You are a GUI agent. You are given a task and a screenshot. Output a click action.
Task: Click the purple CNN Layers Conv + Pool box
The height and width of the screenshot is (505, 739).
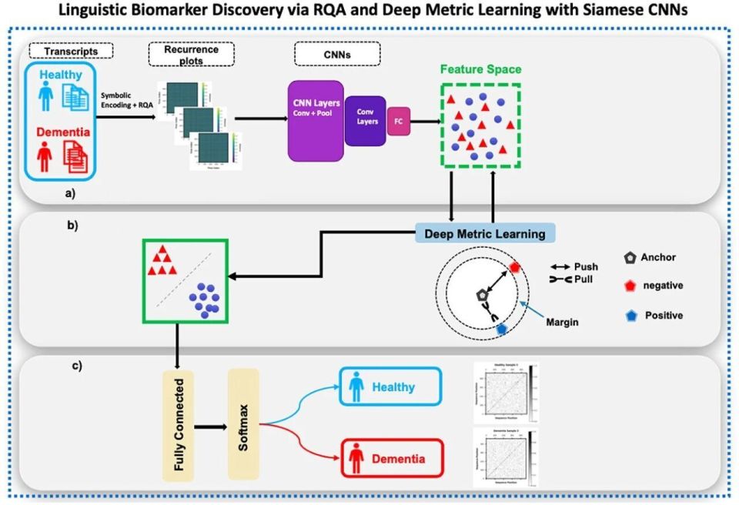tap(316, 120)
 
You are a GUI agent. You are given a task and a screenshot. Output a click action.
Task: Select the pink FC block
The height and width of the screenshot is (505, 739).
tap(398, 121)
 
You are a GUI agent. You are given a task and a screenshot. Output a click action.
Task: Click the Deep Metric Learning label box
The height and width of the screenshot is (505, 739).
tap(480, 233)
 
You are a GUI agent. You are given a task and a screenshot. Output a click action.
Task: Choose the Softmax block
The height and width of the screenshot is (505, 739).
tap(243, 423)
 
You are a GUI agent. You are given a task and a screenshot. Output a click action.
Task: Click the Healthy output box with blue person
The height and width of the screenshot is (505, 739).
tap(388, 388)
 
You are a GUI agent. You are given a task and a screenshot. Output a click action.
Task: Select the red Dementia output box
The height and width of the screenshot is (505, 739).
tap(388, 459)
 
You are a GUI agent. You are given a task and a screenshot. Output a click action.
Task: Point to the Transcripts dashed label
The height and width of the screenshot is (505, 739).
tap(71, 52)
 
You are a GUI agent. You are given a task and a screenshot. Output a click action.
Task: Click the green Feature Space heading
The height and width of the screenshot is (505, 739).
tap(480, 69)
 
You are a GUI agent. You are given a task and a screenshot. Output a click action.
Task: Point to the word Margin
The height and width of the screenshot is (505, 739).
tap(560, 322)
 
